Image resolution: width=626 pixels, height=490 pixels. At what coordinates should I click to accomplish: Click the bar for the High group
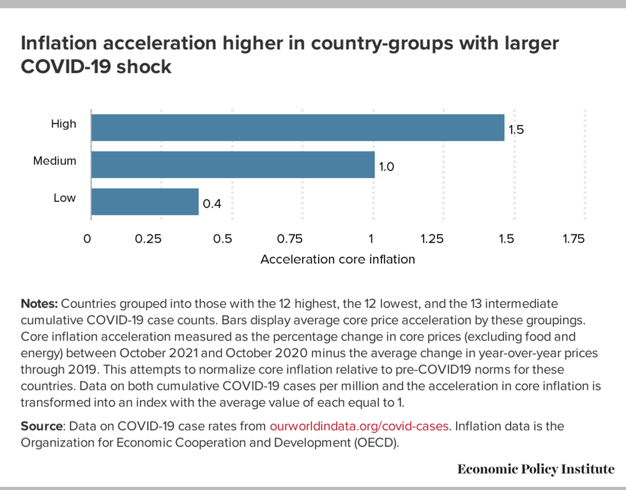(x=298, y=127)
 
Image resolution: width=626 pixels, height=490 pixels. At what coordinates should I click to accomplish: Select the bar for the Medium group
(x=233, y=164)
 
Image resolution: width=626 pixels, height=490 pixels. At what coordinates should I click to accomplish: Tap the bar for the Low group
(x=145, y=202)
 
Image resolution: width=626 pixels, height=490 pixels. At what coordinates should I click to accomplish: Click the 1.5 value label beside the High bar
(x=516, y=130)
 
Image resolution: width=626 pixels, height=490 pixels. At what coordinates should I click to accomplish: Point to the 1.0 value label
(x=386, y=167)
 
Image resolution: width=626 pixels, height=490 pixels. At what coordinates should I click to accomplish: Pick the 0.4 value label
(x=211, y=204)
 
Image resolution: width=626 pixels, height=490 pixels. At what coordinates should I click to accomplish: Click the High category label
(x=63, y=124)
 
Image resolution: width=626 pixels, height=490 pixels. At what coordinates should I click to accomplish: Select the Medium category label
(x=54, y=161)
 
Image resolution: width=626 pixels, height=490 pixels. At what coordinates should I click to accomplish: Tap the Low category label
(x=64, y=198)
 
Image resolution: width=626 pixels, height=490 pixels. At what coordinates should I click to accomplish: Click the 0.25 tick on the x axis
(x=148, y=240)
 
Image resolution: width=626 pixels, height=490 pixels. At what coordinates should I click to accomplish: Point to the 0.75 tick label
(x=289, y=240)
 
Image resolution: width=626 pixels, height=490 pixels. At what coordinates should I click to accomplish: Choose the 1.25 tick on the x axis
(x=432, y=240)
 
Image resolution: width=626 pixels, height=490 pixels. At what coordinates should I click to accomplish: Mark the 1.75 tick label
(x=573, y=240)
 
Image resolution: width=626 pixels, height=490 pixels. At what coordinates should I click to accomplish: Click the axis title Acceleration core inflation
(x=338, y=259)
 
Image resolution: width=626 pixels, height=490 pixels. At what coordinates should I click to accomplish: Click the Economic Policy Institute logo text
(x=536, y=470)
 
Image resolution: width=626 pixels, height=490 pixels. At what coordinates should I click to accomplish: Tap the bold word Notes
(x=40, y=303)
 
